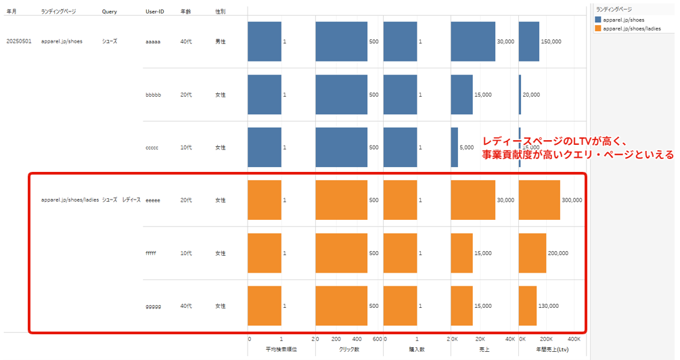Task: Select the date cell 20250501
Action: coord(19,41)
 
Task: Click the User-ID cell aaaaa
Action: coord(152,41)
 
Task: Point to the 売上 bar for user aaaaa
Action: coord(472,41)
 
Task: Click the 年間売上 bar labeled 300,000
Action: coord(539,200)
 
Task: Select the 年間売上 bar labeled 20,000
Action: coord(520,94)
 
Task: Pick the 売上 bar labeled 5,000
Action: coord(454,147)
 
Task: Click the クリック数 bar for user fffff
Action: coord(341,253)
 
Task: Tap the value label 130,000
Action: coord(549,306)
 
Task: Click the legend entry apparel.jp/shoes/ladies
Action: coord(631,29)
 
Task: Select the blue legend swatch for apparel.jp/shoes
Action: coord(597,20)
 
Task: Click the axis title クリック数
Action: coord(348,350)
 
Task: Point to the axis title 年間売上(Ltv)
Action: coord(551,350)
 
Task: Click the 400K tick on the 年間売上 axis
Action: coord(574,338)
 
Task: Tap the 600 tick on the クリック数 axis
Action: coord(378,338)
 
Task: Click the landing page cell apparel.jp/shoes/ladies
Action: coord(70,200)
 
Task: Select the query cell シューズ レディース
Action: coord(121,200)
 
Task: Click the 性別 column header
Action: coord(220,12)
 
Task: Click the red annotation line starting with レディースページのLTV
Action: coord(555,141)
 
